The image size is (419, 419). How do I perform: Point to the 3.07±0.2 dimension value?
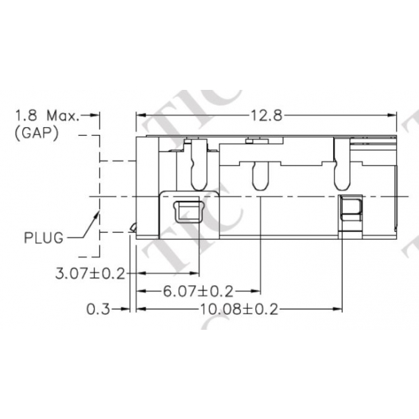92,274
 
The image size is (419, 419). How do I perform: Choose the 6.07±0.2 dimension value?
197,292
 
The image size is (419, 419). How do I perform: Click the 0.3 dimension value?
97,310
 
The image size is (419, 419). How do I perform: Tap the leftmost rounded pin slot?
198,165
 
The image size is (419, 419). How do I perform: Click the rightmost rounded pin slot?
342,165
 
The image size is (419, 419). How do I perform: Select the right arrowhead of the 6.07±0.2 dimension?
256,292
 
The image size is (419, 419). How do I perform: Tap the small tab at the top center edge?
251,141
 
